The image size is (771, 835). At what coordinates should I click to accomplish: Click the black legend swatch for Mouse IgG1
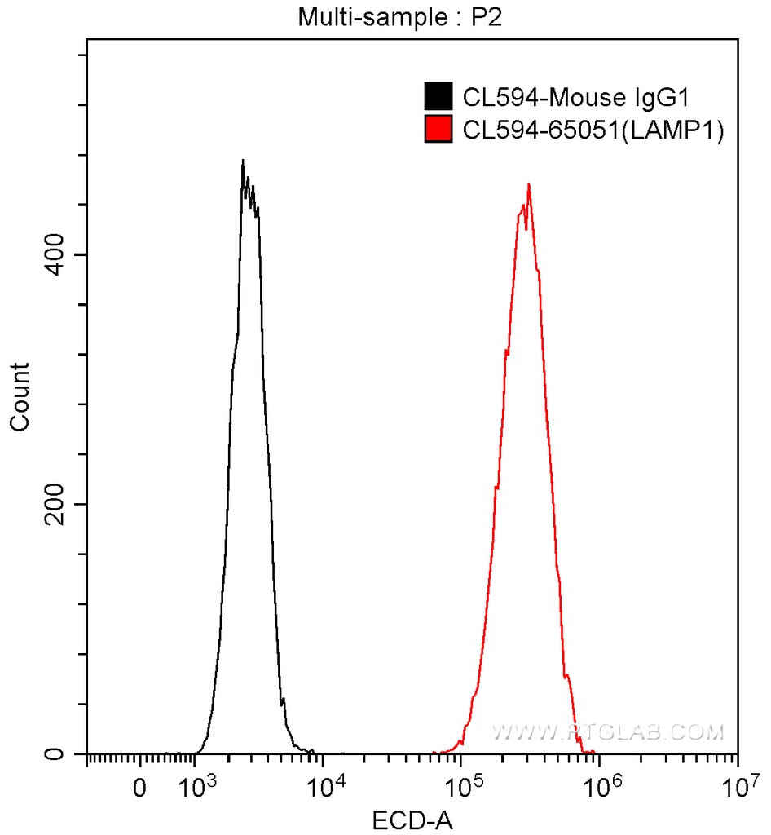[438, 97]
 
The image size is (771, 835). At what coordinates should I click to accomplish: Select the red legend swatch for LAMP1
[438, 129]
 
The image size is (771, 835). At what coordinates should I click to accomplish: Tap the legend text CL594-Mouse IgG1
[575, 98]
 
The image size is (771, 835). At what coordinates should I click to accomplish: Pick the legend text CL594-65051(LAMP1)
[593, 130]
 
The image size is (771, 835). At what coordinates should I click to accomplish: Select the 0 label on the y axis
[56, 754]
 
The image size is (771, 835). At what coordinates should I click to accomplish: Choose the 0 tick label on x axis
[140, 789]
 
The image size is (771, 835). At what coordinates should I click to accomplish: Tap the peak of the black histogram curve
[243, 161]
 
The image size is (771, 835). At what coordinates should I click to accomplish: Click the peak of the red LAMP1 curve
[529, 184]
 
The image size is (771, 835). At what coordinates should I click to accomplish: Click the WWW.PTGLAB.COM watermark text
[608, 732]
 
